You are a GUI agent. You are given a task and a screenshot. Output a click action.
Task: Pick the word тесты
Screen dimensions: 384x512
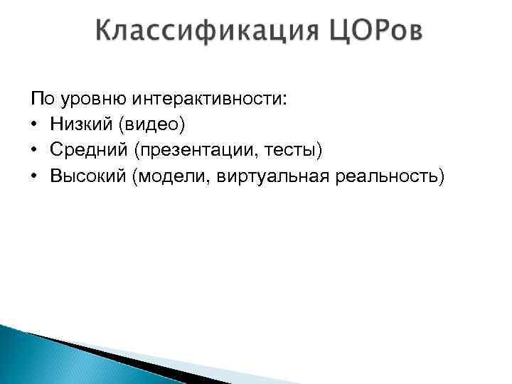[295, 150]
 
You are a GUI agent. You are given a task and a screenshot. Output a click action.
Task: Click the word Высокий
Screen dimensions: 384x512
[88, 176]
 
